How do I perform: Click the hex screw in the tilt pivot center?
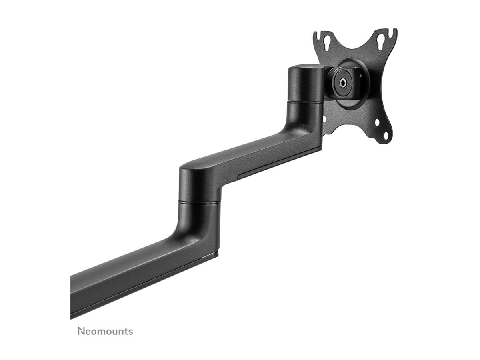(343, 83)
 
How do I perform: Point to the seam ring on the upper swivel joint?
(306, 103)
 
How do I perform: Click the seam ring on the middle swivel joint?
(199, 202)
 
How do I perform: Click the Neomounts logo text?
(105, 331)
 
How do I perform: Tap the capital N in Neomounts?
(81, 331)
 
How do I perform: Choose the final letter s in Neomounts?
(130, 332)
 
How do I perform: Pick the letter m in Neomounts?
(100, 332)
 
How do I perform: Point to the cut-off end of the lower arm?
(72, 296)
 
